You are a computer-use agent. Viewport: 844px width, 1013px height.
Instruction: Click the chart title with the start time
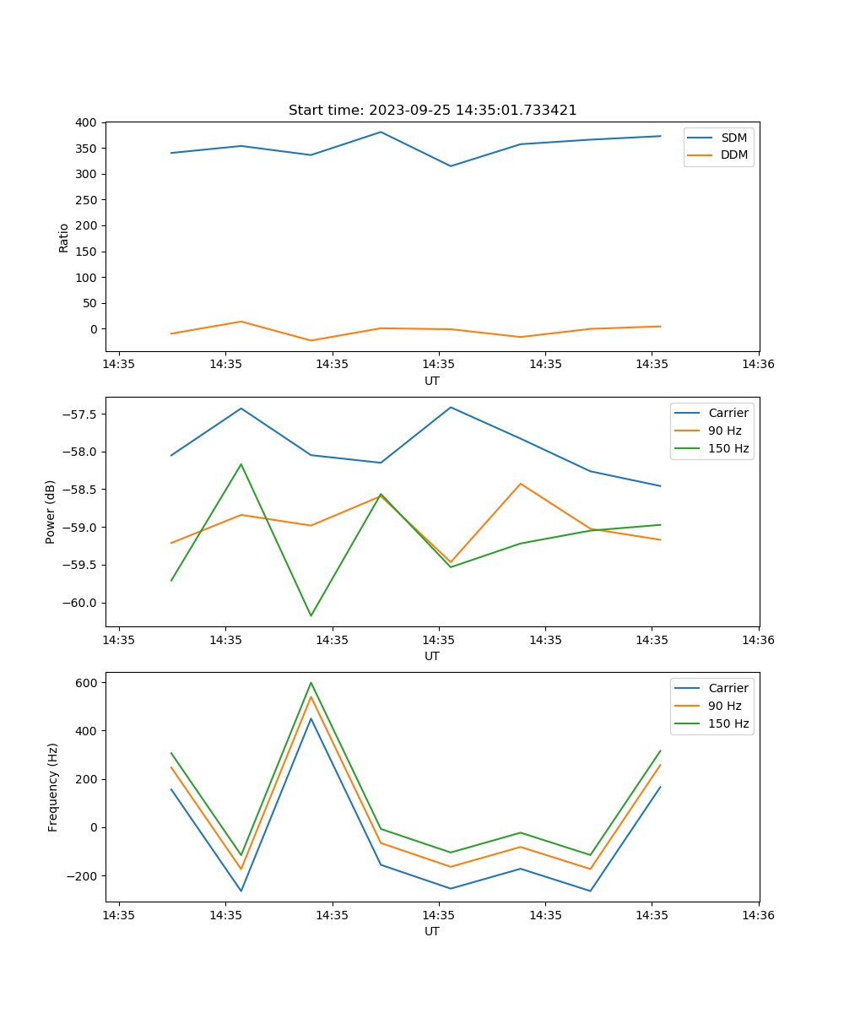pos(432,111)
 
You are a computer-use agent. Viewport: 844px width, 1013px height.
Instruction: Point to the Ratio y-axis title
pos(64,237)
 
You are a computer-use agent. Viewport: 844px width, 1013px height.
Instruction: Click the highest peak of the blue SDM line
pos(381,132)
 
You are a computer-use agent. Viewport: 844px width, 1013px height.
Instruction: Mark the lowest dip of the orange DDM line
pos(311,341)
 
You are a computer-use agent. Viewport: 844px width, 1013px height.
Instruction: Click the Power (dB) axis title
pos(51,512)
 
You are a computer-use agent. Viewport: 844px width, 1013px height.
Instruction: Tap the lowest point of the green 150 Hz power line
pos(311,615)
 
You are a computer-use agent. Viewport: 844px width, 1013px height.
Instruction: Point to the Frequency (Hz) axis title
pos(52,787)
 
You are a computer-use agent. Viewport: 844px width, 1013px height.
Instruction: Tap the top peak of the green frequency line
pos(311,683)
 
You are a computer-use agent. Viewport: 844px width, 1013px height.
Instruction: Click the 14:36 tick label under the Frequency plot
pos(758,915)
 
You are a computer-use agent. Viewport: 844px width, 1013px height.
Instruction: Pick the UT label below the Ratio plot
pos(432,381)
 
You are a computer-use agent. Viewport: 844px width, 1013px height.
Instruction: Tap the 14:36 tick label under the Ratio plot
pos(758,365)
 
